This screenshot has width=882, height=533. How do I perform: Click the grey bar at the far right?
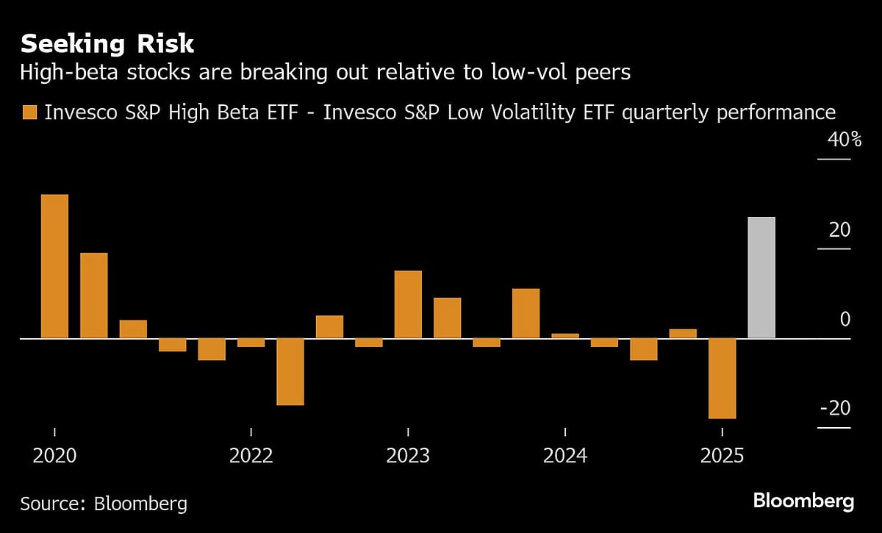pos(761,278)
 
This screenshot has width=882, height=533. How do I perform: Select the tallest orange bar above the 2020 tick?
pos(55,266)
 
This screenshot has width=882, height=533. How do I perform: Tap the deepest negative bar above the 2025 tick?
pos(722,378)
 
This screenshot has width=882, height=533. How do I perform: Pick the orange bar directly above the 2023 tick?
pos(408,304)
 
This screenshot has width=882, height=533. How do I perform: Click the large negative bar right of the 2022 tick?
pos(290,371)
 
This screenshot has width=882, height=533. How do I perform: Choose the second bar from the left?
pos(94,296)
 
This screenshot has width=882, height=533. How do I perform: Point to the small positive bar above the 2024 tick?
pos(565,336)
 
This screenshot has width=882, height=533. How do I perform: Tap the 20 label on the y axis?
pos(839,230)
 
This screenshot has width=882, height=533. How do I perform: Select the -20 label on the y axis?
pos(835,408)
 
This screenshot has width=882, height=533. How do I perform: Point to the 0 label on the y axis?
pos(845,320)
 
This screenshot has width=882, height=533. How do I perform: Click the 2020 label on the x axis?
pos(55,456)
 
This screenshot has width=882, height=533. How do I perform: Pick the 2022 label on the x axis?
pos(251,456)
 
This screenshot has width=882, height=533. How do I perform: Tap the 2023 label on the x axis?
pos(408,456)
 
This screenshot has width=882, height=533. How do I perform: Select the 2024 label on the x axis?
pos(565,456)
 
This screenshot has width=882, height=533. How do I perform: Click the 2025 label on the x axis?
pos(723,456)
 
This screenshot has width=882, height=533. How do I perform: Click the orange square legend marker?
pos(29,112)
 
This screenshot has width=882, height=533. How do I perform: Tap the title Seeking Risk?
pos(107,44)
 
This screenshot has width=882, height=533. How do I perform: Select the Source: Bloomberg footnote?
pos(104,504)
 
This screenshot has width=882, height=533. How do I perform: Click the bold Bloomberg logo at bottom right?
pos(803,502)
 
